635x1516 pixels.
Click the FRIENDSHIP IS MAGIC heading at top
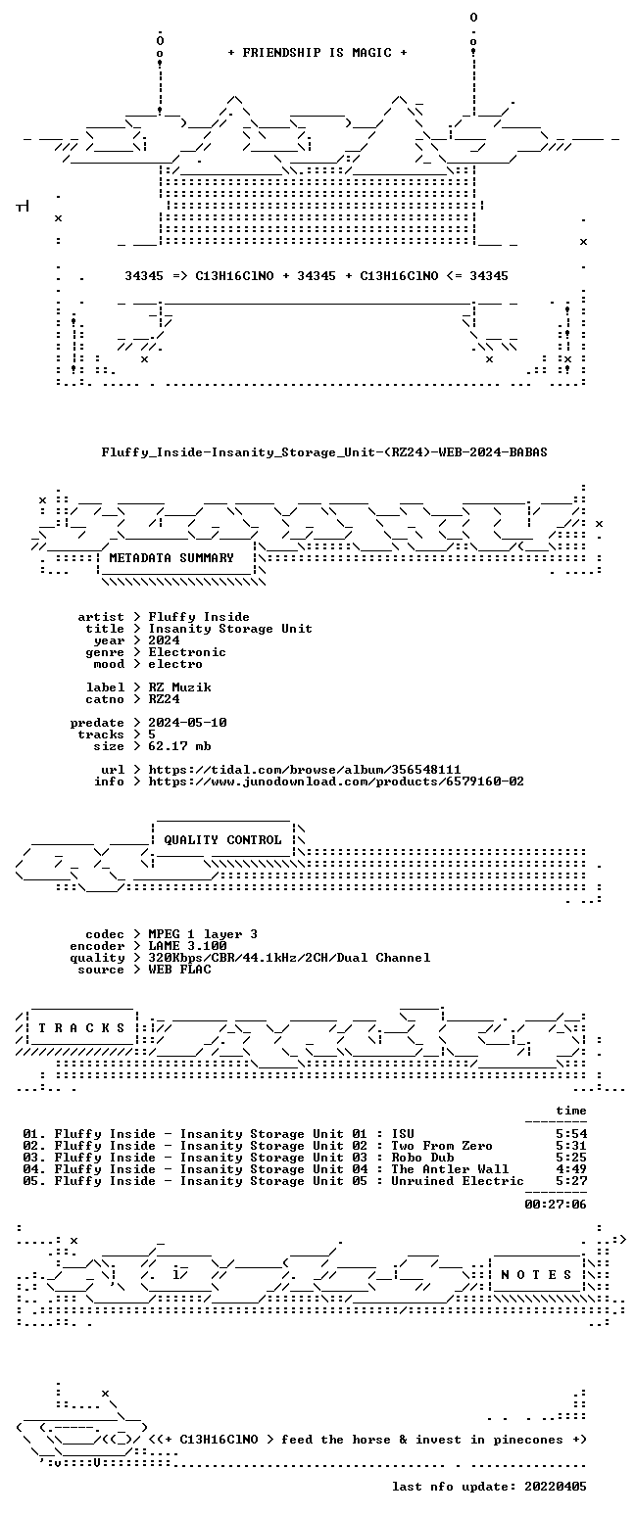click(317, 53)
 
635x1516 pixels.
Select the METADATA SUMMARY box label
click(171, 558)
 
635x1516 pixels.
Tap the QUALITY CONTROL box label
click(222, 840)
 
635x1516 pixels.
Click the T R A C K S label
click(81, 1028)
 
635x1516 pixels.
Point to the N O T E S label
click(536, 1275)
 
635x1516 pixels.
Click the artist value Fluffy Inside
click(199, 617)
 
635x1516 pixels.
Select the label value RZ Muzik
click(180, 687)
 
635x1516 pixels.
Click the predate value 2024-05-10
click(187, 723)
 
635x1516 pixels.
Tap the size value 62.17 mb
click(180, 746)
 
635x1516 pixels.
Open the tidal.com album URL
click(305, 770)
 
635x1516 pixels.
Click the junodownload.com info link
click(336, 782)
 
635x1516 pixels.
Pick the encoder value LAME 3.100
click(187, 946)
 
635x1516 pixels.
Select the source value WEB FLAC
click(180, 970)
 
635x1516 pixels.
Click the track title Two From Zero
click(441, 1146)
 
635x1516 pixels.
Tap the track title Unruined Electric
click(458, 1181)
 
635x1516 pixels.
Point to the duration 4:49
click(571, 1169)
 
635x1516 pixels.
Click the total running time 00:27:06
click(556, 1205)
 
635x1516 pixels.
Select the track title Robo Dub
click(422, 1158)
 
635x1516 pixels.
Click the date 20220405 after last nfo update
click(556, 1487)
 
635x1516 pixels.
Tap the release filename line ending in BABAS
click(324, 452)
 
